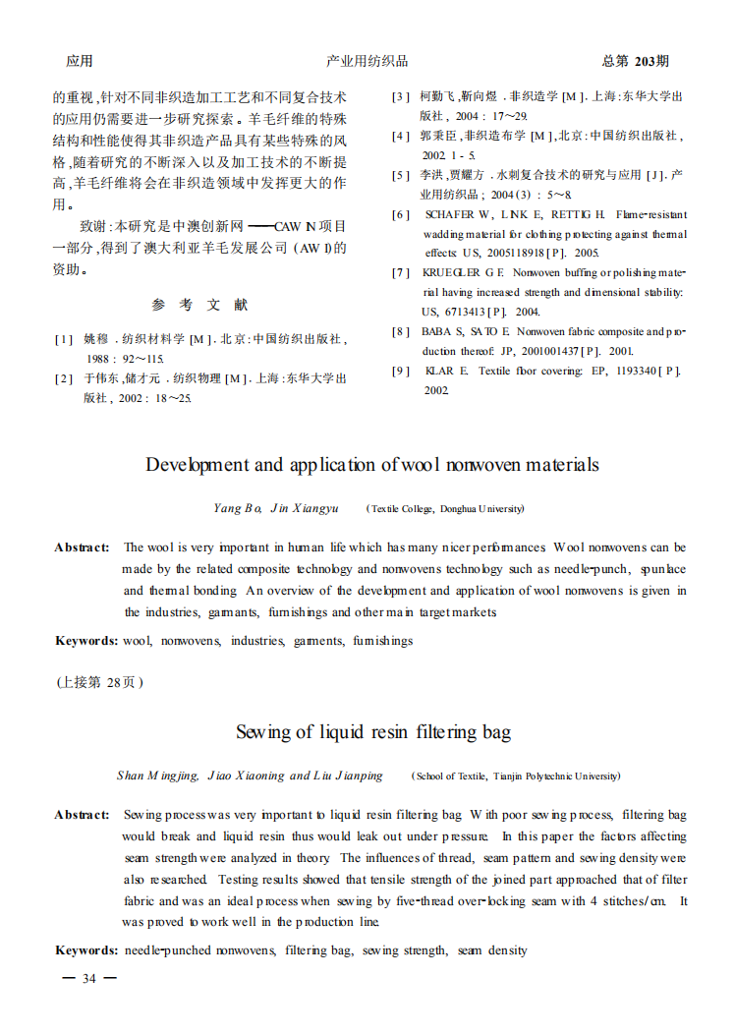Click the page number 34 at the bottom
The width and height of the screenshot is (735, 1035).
coord(89,978)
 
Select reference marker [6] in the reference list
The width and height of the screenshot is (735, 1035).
coord(401,214)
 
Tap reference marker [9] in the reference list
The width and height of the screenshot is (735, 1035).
coord(401,371)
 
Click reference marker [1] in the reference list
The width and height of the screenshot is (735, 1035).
coord(64,339)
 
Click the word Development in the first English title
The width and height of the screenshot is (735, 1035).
coord(199,464)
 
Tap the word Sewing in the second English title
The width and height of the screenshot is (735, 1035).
coord(263,731)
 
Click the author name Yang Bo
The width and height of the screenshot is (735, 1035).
coord(237,508)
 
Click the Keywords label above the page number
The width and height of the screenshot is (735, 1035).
coord(85,950)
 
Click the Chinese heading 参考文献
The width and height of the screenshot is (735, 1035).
coord(199,305)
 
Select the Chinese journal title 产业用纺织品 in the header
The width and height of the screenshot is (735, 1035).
coord(367,61)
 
